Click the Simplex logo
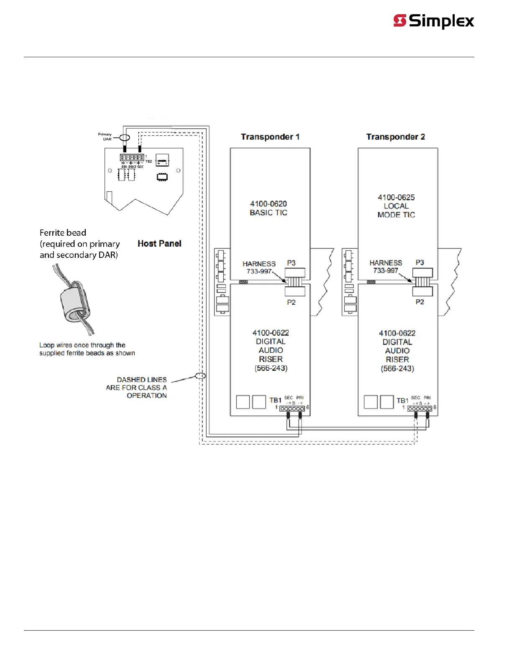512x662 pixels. (x=434, y=21)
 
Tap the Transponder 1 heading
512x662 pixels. (x=270, y=137)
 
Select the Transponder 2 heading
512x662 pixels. (x=395, y=137)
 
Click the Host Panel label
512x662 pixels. (x=159, y=244)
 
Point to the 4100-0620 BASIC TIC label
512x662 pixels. (x=269, y=208)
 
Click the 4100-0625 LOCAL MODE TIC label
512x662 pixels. (x=396, y=206)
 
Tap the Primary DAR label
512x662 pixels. (x=105, y=137)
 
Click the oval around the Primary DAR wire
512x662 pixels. (x=125, y=137)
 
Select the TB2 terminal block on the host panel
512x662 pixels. (x=132, y=158)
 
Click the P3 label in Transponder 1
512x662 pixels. (x=291, y=263)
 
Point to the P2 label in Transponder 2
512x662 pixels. (x=420, y=302)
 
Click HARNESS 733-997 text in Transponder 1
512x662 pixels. (x=259, y=267)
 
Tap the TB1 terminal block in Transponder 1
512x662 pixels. (x=292, y=409)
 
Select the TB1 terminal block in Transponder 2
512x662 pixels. (x=420, y=409)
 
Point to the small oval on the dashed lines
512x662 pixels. (x=201, y=376)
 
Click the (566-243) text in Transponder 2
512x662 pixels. (x=397, y=369)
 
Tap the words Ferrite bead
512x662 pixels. (x=63, y=233)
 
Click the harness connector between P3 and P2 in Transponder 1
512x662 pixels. (x=295, y=282)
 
